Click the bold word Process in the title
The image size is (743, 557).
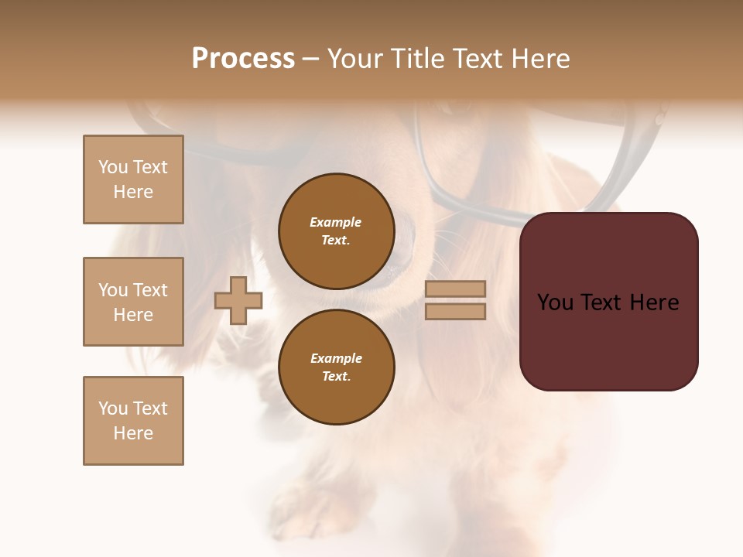click(243, 59)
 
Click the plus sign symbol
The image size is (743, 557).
click(238, 300)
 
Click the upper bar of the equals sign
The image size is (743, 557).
click(456, 289)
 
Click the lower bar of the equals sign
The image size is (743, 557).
click(456, 311)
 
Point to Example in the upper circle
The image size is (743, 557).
click(336, 222)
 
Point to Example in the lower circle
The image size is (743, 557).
click(336, 358)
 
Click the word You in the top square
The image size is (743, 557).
click(112, 167)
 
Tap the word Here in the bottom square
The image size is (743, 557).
click(133, 433)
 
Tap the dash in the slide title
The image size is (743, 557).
click(311, 60)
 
